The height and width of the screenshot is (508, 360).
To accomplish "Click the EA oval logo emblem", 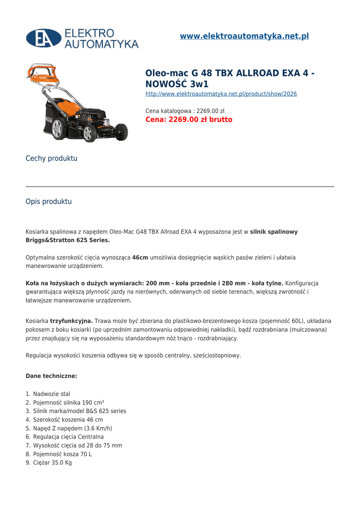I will pyautogui.click(x=44, y=38).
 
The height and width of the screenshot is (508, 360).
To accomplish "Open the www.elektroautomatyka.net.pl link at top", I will pyautogui.click(x=244, y=36).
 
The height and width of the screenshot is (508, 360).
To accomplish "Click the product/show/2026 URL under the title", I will pyautogui.click(x=221, y=94).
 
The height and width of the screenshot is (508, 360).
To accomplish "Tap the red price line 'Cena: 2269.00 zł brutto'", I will pyautogui.click(x=189, y=120).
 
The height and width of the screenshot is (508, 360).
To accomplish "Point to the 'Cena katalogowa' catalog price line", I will pyautogui.click(x=185, y=111).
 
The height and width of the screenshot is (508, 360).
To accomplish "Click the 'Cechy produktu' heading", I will pyautogui.click(x=52, y=158).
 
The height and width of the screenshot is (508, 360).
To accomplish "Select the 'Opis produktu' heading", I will pyautogui.click(x=49, y=201).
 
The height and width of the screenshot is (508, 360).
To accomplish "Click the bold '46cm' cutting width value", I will pyautogui.click(x=140, y=257).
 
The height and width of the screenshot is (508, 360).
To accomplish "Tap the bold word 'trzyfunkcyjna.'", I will pyautogui.click(x=72, y=321).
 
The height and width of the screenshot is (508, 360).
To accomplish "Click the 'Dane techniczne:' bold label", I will pyautogui.click(x=51, y=376).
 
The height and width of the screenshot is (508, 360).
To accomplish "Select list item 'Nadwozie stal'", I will pyautogui.click(x=52, y=394).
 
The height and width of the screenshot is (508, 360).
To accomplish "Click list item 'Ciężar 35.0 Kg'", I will pyautogui.click(x=52, y=463).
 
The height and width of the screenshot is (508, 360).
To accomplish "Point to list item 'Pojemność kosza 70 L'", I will pyautogui.click(x=63, y=454).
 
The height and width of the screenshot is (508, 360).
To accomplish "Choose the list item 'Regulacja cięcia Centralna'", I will pyautogui.click(x=69, y=437).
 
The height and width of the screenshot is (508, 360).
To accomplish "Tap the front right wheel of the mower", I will pyautogui.click(x=121, y=132).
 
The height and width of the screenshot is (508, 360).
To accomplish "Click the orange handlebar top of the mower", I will pyautogui.click(x=43, y=72).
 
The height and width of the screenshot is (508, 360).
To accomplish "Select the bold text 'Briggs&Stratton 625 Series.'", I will pyautogui.click(x=68, y=240).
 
